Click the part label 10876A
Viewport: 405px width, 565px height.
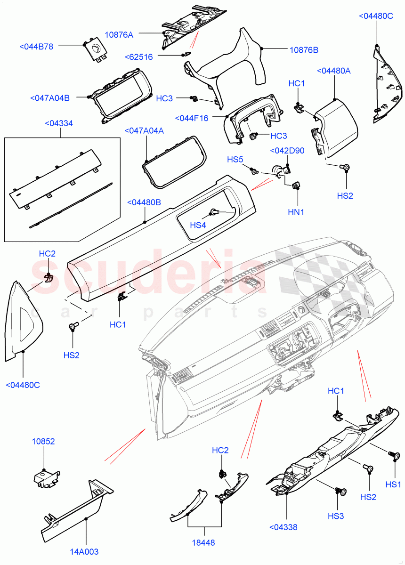click(119, 34)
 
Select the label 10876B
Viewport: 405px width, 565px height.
click(304, 49)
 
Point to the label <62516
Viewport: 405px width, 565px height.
click(139, 57)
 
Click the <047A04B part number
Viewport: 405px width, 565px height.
click(49, 98)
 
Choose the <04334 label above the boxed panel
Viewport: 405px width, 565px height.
click(62, 123)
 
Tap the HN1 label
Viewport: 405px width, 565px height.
click(296, 212)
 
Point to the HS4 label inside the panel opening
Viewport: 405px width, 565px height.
click(198, 225)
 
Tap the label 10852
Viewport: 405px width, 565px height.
click(43, 442)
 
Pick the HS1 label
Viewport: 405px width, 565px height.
click(393, 484)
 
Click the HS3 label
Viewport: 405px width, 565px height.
click(336, 516)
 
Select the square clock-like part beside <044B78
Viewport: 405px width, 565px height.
click(96, 49)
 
